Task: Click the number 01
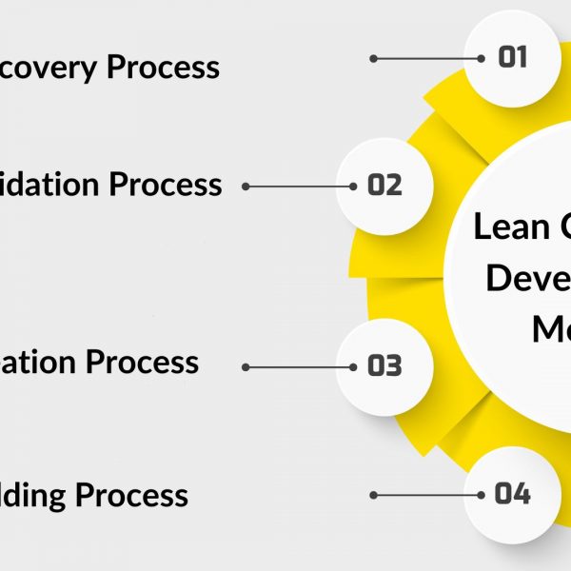[512, 58]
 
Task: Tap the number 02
[384, 185]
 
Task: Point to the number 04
[512, 494]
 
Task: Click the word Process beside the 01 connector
[162, 68]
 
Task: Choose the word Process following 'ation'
[142, 363]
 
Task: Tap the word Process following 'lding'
[131, 496]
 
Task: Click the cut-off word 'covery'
[49, 69]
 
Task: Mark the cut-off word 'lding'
[34, 497]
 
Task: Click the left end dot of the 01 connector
[374, 59]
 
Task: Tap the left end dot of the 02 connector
[246, 187]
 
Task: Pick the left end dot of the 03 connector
[246, 366]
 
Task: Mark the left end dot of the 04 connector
[374, 495]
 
